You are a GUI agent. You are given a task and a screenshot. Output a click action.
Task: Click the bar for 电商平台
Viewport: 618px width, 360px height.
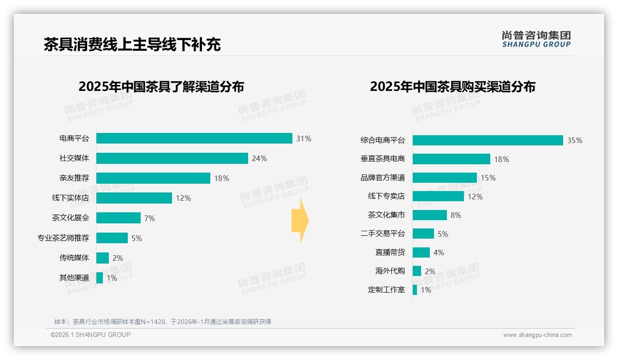194,138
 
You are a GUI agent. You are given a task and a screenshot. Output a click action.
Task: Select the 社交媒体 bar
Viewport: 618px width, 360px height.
172,158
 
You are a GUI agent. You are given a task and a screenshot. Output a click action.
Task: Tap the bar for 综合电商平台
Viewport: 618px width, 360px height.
487,140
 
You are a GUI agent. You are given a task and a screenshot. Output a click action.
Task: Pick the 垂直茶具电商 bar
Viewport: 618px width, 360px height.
451,159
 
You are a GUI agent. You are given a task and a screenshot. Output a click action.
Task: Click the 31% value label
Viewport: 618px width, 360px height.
304,138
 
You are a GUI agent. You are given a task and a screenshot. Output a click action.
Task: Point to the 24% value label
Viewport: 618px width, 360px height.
259,158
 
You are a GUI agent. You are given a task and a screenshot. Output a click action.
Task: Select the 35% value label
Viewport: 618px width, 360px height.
575,140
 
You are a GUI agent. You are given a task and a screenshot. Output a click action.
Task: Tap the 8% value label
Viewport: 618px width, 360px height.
456,215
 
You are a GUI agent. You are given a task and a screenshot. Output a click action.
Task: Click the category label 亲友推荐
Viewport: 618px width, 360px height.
74,178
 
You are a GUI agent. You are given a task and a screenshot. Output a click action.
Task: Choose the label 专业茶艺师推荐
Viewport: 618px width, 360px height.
63,238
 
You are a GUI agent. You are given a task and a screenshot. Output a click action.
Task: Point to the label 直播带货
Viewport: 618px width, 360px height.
390,252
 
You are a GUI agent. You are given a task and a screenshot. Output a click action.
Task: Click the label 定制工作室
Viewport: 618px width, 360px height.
386,290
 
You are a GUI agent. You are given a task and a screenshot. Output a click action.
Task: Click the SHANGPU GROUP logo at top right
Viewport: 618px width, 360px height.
536,39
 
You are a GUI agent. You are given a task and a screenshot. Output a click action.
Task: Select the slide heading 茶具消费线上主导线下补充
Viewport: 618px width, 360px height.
132,44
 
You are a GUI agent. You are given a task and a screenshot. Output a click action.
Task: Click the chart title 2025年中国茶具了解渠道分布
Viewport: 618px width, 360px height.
161,87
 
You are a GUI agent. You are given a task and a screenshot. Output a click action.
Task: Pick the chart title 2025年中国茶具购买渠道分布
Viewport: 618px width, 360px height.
452,87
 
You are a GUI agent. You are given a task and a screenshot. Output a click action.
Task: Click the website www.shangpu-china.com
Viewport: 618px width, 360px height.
537,335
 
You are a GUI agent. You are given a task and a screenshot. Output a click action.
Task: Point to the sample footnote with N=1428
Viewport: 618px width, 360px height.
163,322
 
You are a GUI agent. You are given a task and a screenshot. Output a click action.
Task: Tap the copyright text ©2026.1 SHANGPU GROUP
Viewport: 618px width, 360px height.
90,335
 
